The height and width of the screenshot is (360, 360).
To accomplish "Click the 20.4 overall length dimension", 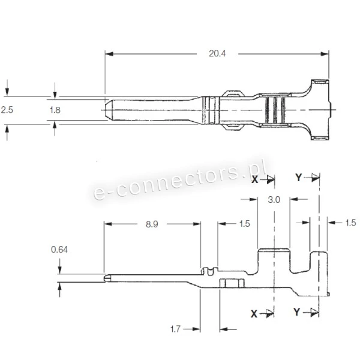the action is tap(217, 53).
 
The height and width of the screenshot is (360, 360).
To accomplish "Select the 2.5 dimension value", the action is tap(7, 110).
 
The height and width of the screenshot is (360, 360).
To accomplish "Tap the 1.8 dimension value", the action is tap(55, 110).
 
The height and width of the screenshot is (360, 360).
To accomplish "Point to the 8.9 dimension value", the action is tap(152, 224).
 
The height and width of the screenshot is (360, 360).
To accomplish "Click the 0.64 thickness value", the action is tap(59, 250).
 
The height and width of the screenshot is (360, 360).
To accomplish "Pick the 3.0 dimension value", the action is tap(274, 200).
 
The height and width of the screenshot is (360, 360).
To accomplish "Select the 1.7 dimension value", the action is tap(175, 329).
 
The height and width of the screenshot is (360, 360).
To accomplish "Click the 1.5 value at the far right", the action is tap(350, 223).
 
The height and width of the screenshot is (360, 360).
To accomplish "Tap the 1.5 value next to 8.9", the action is tap(245, 223).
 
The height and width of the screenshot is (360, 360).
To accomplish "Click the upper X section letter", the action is tap(254, 179).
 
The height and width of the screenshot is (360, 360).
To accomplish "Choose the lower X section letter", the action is tap(254, 314).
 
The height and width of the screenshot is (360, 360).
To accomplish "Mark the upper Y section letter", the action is tap(298, 178).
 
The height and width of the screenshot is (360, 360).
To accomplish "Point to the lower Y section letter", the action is tap(296, 312).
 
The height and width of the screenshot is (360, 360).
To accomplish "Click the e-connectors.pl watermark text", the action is tap(180, 180).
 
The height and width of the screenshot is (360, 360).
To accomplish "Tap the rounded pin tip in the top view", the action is tap(107, 110).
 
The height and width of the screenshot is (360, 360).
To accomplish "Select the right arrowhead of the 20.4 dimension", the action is tap(325, 54).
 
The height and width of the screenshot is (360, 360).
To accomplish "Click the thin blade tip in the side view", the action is tap(106, 278).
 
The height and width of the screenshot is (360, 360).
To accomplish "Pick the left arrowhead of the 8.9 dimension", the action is tap(107, 224).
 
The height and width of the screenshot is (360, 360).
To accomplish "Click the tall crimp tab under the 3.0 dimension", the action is tap(274, 261).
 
